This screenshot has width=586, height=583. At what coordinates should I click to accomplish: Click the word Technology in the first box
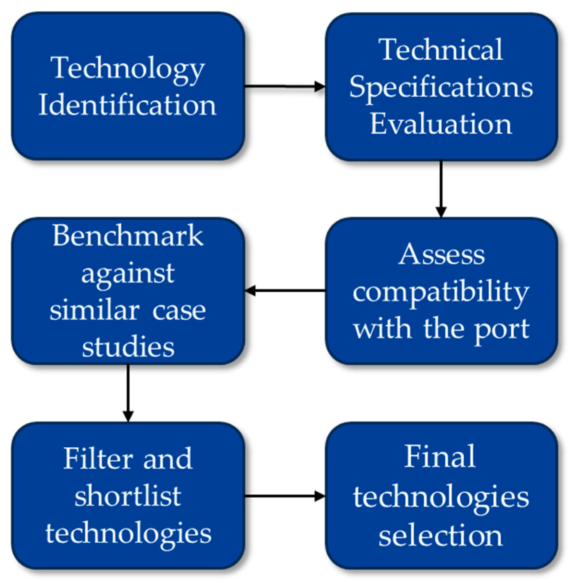coord(128,68)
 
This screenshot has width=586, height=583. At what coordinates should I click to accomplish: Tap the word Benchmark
coord(128,236)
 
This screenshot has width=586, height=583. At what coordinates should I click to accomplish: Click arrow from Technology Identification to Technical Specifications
coord(285,87)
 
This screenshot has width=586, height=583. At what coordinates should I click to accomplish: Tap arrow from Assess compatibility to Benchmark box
coord(285,291)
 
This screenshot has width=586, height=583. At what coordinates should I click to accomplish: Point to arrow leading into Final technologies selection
coord(285,496)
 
